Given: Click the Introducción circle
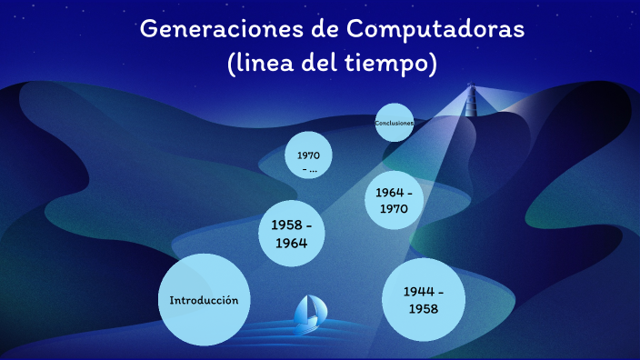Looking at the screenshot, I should pos(204,300).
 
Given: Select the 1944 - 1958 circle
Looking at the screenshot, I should pos(424,300).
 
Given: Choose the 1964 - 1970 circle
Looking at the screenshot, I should pos(395,201).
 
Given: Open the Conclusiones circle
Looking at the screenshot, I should pos(395,123).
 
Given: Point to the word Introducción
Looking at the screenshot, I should pos(204,300).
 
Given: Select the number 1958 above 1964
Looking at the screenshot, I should pos(283,225).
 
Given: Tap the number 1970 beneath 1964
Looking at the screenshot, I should pos(395,209).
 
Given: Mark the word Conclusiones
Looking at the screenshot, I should pos(395,123).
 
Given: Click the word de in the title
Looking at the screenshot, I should pos(315,29).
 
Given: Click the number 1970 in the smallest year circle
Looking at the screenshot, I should pos(309,155).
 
